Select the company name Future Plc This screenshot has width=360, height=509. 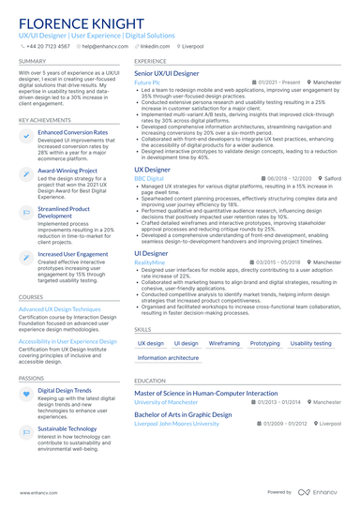pyautogui.click(x=147, y=82)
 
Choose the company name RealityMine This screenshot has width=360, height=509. pyautogui.click(x=150, y=263)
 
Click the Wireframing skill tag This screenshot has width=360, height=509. pyautogui.click(x=224, y=343)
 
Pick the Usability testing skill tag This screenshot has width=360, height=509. pyautogui.click(x=310, y=343)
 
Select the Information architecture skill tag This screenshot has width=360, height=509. pyautogui.click(x=168, y=358)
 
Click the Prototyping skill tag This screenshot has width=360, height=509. pyautogui.click(x=264, y=343)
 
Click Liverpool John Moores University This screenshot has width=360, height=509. pyautogui.click(x=176, y=423)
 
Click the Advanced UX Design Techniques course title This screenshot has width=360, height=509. pyautogui.click(x=59, y=308)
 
